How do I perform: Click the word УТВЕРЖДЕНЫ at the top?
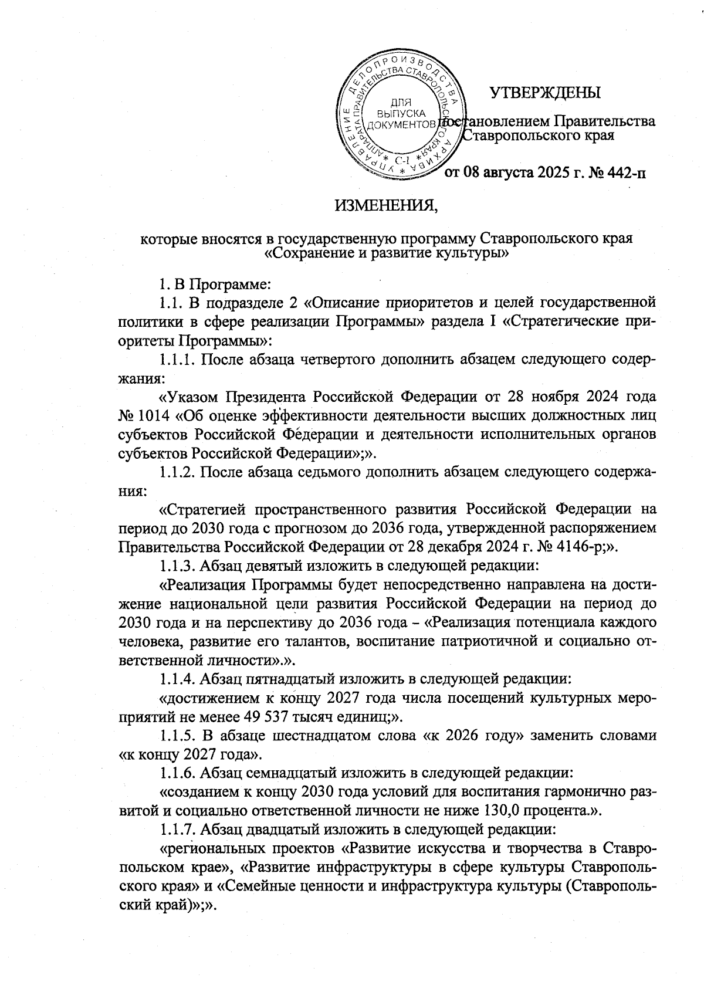pos(545,93)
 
